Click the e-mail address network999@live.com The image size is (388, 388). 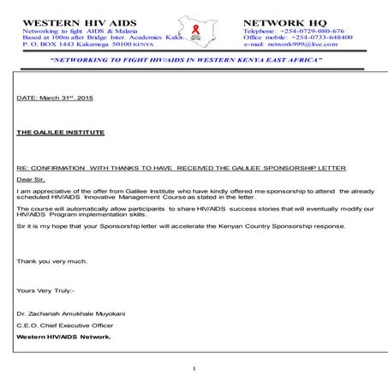pos(309,45)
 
